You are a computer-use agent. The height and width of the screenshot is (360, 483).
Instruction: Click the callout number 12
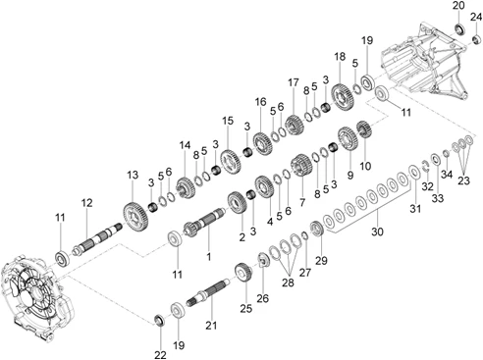coord(86,203)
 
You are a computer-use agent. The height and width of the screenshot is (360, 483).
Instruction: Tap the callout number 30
coord(377,231)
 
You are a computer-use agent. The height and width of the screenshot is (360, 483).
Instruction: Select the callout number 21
coord(211,326)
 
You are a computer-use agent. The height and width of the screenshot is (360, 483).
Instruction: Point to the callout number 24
coord(476,17)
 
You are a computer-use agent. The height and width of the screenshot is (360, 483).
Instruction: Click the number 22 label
coord(160,354)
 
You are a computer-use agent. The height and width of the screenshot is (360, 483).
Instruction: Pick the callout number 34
coord(447,175)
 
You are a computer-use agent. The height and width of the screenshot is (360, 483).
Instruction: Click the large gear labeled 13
coord(136,218)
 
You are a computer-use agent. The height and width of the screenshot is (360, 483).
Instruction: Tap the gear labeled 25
coord(243,273)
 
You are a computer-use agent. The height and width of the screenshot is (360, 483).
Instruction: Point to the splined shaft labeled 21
coord(208,291)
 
